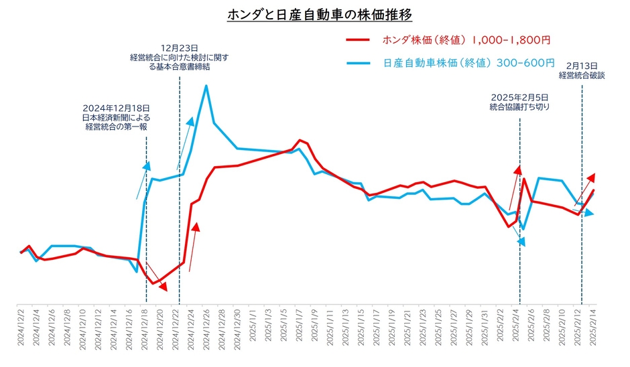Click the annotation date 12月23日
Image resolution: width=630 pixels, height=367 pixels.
(180, 48)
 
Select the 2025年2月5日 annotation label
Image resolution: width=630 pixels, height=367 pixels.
(519, 96)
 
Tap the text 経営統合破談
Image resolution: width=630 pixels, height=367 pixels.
(582, 76)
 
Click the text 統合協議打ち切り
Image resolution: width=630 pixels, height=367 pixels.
(520, 106)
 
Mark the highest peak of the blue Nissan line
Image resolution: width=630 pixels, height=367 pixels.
(206, 86)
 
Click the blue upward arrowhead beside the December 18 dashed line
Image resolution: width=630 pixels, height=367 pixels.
(147, 165)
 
